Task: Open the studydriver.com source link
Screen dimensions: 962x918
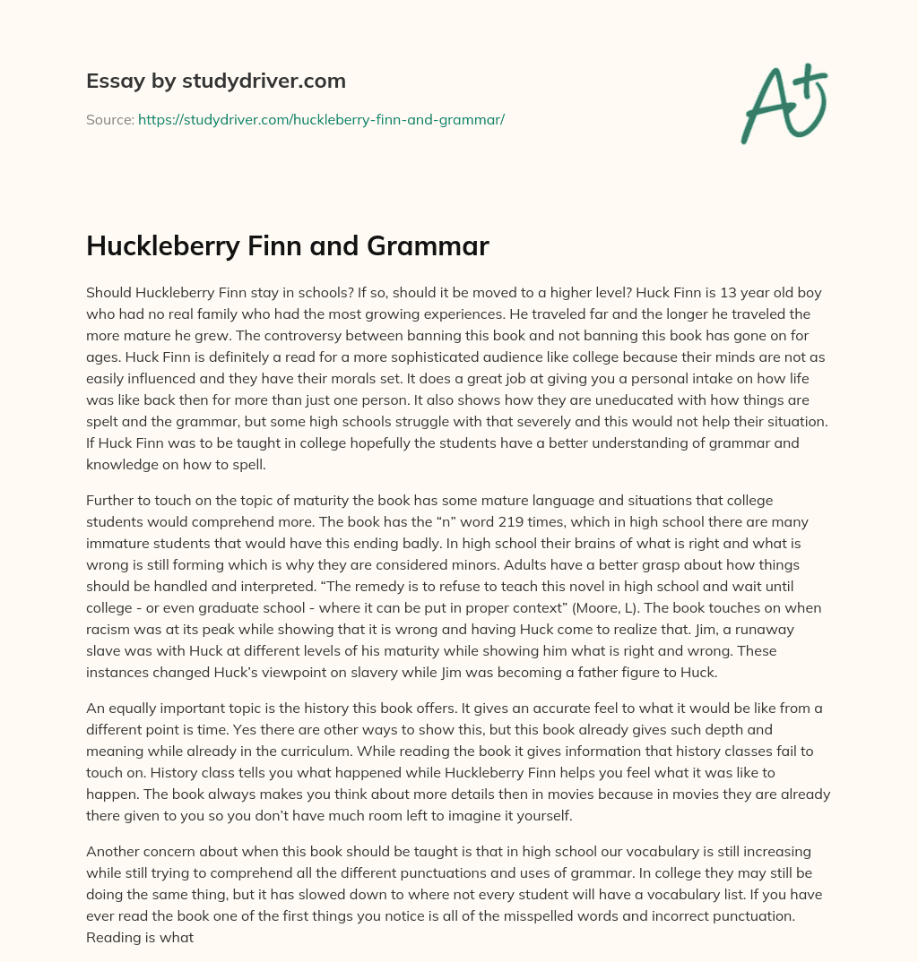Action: pyautogui.click(x=321, y=119)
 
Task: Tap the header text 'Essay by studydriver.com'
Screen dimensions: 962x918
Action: pyautogui.click(x=215, y=81)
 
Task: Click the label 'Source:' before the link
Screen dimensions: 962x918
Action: pyautogui.click(x=109, y=119)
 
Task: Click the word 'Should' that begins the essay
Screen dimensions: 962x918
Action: pyautogui.click(x=108, y=293)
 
